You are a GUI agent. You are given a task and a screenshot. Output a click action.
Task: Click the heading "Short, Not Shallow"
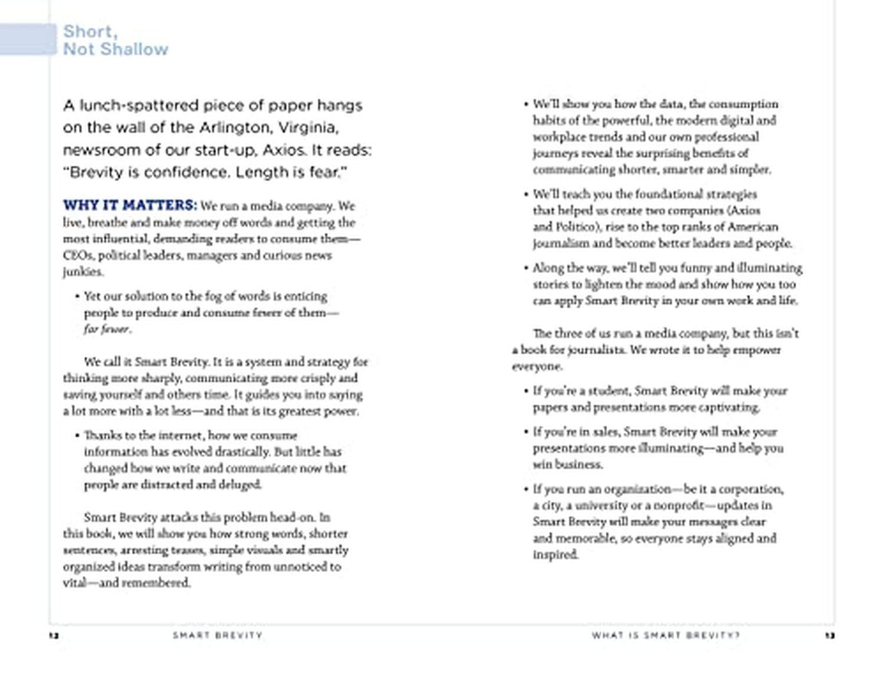(x=115, y=41)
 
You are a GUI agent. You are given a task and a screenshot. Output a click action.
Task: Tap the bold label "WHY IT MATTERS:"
(x=129, y=207)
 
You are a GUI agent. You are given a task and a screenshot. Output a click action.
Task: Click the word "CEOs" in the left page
(x=78, y=256)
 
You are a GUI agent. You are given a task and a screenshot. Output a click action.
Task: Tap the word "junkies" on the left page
(x=82, y=272)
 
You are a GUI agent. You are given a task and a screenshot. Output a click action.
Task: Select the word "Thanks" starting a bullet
(x=103, y=436)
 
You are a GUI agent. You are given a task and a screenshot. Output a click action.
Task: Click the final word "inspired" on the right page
(x=555, y=555)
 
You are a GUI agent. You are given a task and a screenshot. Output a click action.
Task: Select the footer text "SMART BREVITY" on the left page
(x=218, y=636)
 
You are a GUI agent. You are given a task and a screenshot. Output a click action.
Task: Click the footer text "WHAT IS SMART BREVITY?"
(x=666, y=636)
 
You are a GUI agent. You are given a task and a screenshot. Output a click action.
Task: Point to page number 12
(x=54, y=636)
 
